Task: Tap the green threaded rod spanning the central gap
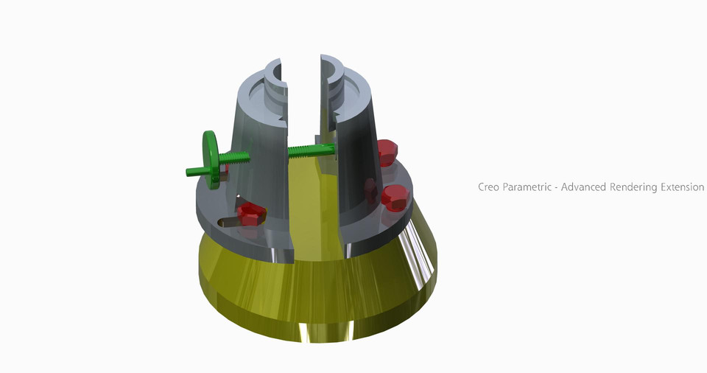coord(309,151)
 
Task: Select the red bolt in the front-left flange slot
coord(250,212)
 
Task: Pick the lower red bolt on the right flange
coord(394,197)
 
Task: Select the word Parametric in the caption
coord(528,187)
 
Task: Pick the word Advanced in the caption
coord(584,187)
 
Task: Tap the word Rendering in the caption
coord(632,187)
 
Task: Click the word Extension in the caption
coord(680,187)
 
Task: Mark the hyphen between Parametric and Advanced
coord(556,188)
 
